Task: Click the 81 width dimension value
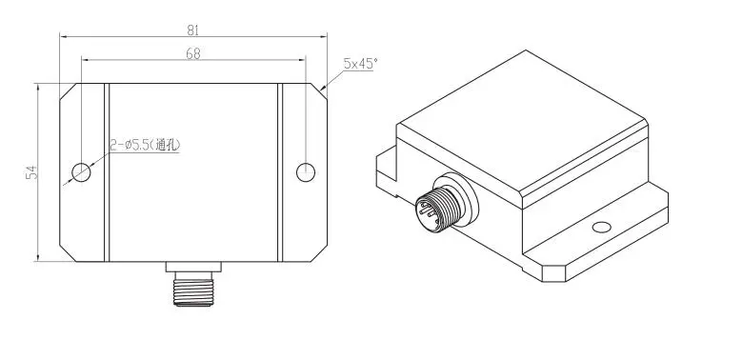193,29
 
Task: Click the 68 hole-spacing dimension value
193,54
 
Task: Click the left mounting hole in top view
82,172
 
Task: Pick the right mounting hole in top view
305,172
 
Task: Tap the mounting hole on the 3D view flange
600,228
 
